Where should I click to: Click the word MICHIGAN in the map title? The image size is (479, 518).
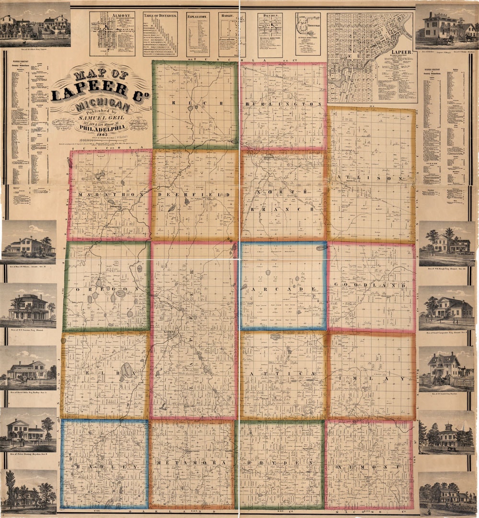(x=101, y=104)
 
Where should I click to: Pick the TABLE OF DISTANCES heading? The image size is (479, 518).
(x=160, y=16)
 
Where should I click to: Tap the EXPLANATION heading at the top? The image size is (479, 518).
(x=198, y=16)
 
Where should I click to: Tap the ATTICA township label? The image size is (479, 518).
(x=284, y=372)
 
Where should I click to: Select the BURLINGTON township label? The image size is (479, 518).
(x=283, y=104)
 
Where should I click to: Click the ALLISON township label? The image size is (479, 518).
(x=372, y=178)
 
